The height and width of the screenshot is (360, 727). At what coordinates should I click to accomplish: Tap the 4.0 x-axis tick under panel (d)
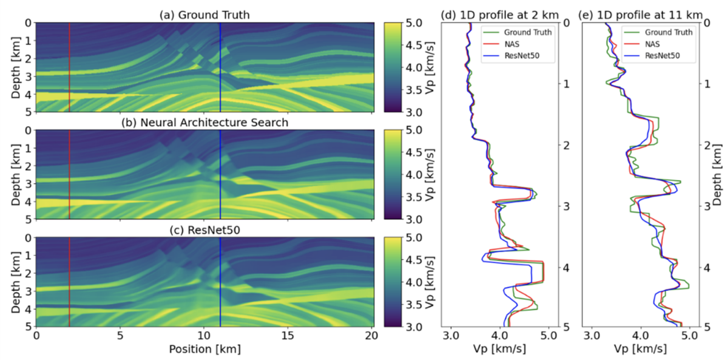pyautogui.click(x=499, y=335)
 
